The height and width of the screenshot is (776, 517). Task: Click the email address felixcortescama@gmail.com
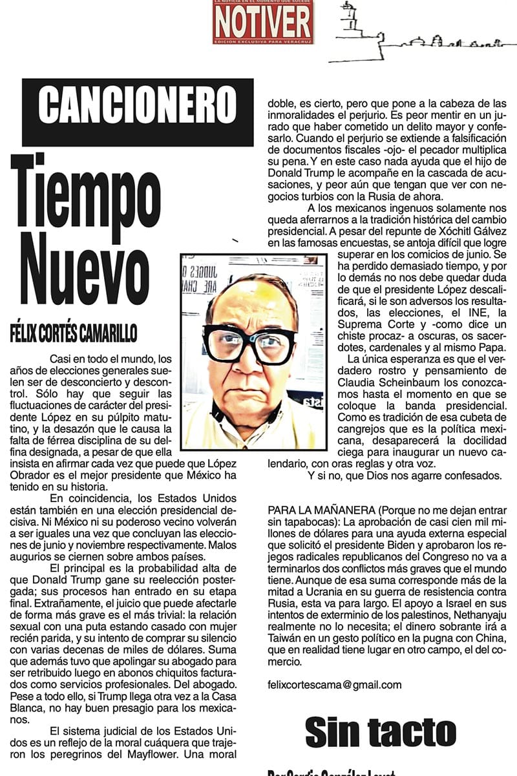tap(334, 685)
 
